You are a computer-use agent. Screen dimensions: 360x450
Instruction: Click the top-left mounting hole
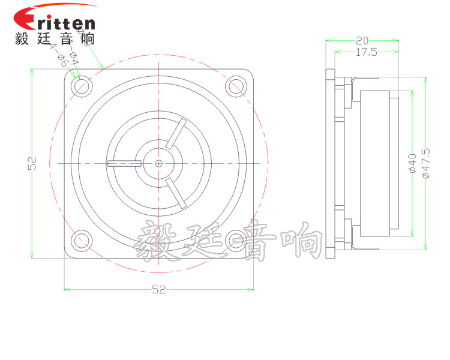81,86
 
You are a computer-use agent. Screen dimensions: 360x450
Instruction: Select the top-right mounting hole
236,86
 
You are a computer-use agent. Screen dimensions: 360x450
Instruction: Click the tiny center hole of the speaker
158,163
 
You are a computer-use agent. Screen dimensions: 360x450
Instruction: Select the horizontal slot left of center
124,163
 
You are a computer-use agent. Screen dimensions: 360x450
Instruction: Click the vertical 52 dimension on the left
33,163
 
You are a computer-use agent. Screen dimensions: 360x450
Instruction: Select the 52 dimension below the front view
158,290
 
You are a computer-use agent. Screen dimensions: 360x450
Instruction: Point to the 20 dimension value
362,41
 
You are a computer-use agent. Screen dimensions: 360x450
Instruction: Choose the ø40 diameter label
412,163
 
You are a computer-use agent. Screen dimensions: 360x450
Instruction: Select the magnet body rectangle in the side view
375,163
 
